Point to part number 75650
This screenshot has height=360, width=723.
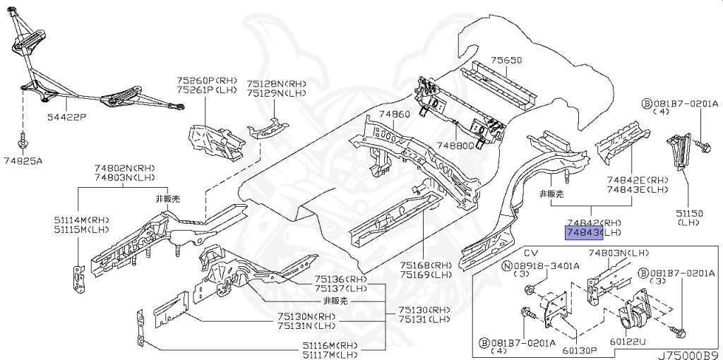click(506, 61)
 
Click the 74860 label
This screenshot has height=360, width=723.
click(394, 114)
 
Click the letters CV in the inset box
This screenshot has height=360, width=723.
click(530, 252)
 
